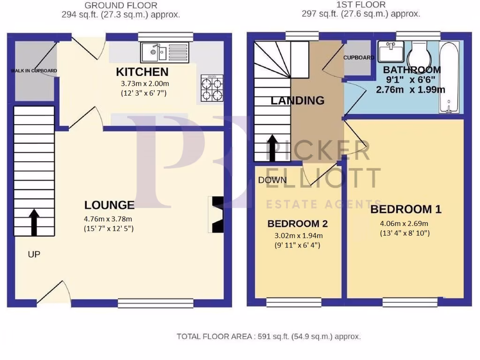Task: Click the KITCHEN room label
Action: (x=142, y=72)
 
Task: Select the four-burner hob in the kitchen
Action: (x=211, y=88)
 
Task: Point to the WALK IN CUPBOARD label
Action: (x=34, y=71)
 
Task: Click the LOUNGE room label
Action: (x=109, y=205)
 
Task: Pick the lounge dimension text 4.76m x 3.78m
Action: (x=109, y=218)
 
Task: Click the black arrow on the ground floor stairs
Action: (x=34, y=222)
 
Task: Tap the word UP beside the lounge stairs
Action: (x=34, y=255)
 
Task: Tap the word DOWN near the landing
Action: (x=272, y=180)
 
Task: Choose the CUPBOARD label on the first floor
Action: (x=359, y=58)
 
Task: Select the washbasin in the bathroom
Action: (x=391, y=51)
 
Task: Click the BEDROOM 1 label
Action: (x=406, y=209)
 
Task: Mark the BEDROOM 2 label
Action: (x=297, y=224)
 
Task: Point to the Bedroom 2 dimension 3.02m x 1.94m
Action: (x=297, y=236)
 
